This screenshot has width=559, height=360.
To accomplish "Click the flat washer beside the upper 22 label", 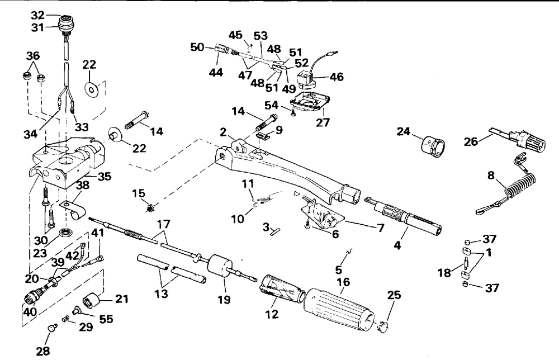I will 90,87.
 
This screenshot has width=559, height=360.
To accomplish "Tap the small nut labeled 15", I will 150,209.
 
